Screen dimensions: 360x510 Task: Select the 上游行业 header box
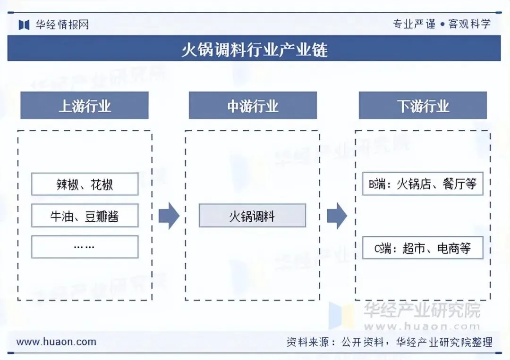tap(85, 106)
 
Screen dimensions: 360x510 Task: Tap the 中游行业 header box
tap(253, 106)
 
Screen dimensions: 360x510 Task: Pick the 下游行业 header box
tap(423, 106)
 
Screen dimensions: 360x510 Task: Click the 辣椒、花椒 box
tap(85, 184)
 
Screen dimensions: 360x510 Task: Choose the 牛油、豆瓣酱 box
tap(85, 216)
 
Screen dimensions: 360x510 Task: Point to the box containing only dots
tap(85, 247)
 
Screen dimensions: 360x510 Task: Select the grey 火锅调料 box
tap(252, 216)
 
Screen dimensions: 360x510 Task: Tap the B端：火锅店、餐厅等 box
tap(423, 184)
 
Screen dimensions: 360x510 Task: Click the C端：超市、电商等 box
tap(423, 248)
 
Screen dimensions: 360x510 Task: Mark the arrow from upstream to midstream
tap(169, 216)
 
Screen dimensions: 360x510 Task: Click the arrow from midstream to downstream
tap(337, 216)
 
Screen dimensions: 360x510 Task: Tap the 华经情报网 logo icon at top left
tap(24, 25)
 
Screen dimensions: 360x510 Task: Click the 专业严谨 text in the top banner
tap(414, 24)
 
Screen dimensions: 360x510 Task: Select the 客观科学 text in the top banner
tap(469, 24)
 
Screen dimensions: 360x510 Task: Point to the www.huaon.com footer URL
tap(56, 342)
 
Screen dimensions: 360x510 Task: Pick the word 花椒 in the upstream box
tap(102, 184)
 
